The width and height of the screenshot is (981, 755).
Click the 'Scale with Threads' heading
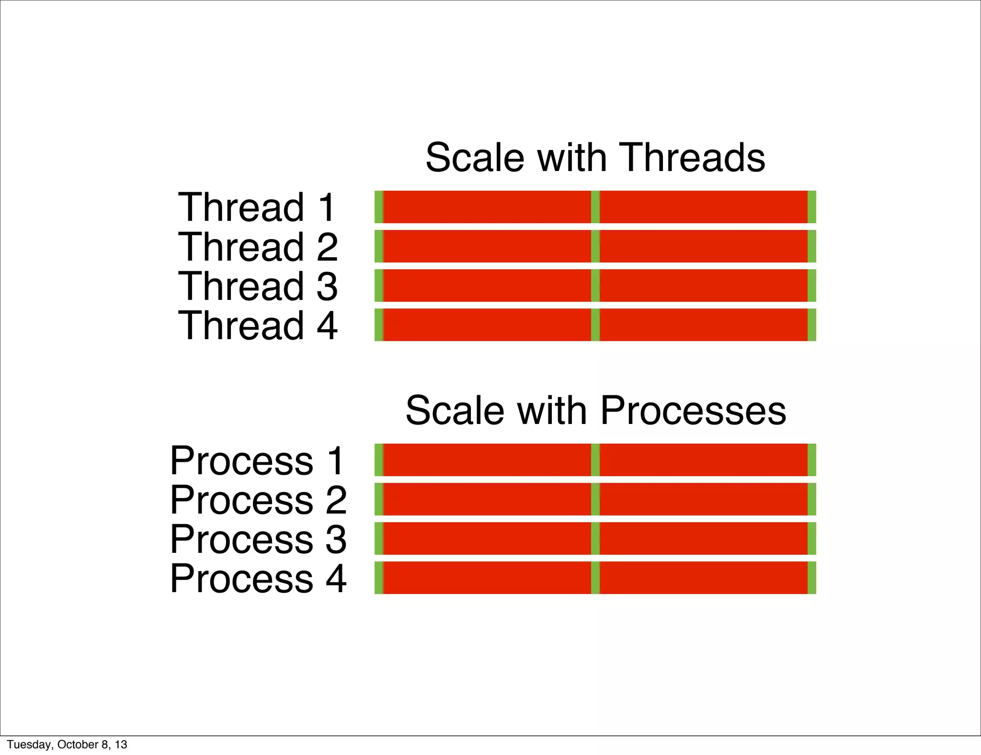(595, 158)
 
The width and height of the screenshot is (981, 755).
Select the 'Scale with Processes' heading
(595, 411)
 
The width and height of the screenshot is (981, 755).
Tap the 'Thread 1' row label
(257, 207)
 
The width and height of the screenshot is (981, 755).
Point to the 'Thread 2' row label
(258, 246)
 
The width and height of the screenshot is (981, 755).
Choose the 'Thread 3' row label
(258, 286)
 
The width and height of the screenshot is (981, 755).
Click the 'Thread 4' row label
(258, 325)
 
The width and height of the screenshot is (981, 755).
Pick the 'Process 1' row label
(257, 460)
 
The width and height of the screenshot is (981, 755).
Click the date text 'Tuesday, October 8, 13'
(67, 744)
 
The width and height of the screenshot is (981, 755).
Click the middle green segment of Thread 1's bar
(595, 207)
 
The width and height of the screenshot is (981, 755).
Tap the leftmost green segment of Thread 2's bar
(379, 246)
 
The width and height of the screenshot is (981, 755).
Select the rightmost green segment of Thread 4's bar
(812, 325)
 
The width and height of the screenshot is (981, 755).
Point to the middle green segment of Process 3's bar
(595, 539)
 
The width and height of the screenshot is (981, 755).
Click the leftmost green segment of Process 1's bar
(379, 460)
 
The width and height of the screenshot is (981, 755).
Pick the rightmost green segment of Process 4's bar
(812, 578)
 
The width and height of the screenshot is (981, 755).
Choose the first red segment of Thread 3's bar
(487, 286)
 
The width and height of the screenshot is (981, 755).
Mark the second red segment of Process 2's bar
(704, 500)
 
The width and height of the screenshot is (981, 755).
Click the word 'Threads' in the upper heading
(692, 158)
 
